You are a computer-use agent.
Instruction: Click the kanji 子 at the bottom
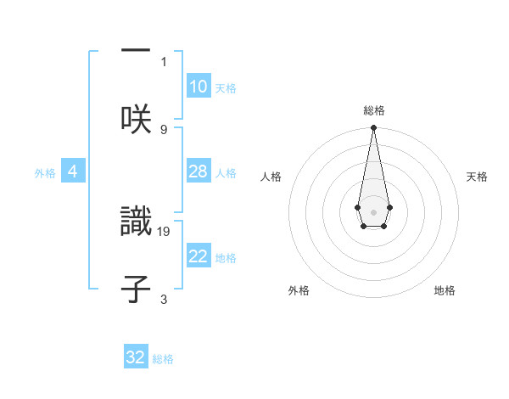(x=136, y=288)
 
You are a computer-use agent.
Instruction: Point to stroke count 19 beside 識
(x=164, y=231)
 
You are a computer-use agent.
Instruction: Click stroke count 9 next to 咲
(x=164, y=129)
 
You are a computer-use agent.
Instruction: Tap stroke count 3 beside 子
(x=164, y=299)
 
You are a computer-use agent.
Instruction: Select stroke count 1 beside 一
(x=164, y=61)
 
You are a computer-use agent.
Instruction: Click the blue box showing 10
(x=199, y=87)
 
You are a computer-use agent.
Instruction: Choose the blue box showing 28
(x=199, y=171)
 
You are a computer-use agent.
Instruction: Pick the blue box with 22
(x=199, y=256)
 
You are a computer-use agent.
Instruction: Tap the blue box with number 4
(x=73, y=171)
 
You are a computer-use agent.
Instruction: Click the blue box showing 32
(x=136, y=357)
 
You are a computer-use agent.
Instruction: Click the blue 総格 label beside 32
(x=163, y=359)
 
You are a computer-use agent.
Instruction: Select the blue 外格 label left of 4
(x=45, y=173)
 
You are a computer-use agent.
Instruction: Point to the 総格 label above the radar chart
(x=373, y=110)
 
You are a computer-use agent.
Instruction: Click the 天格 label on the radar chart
(x=477, y=177)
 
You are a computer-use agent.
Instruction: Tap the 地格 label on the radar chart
(x=445, y=290)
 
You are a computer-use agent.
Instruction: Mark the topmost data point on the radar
(x=373, y=128)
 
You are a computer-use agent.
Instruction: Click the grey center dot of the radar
(x=373, y=211)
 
